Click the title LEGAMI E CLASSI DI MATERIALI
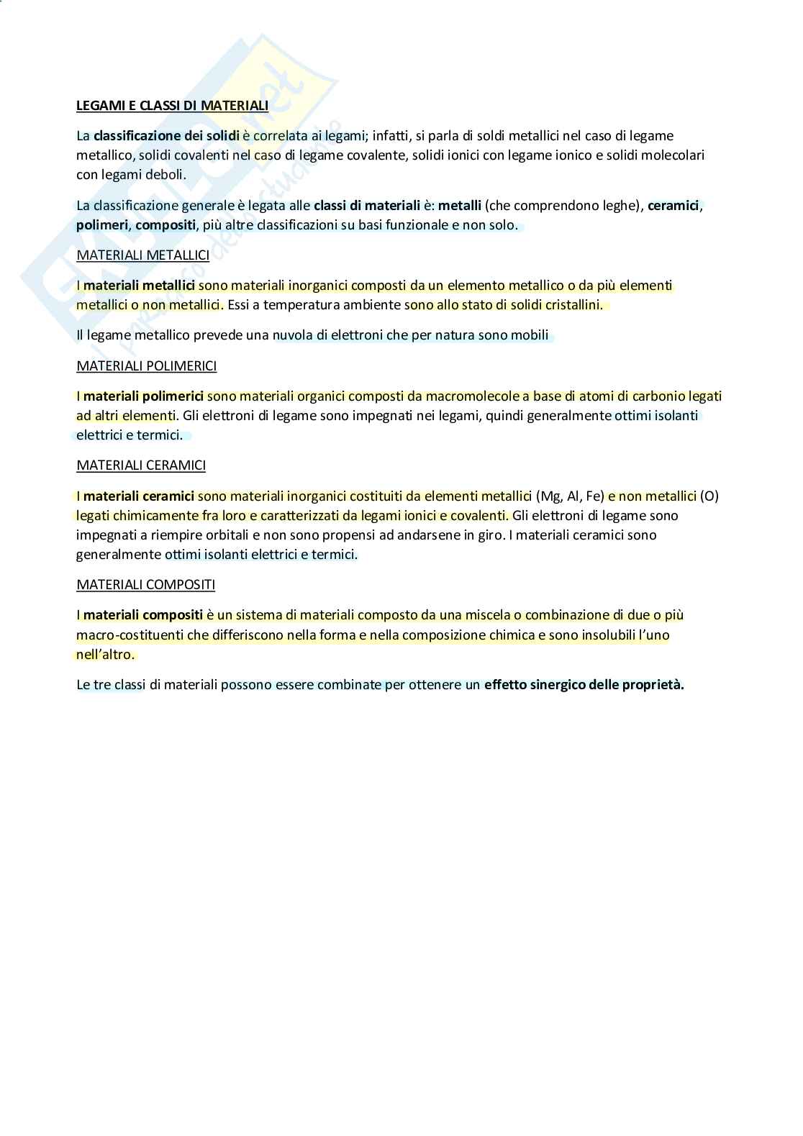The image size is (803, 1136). tap(172, 106)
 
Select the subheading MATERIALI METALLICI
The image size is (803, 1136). tap(142, 255)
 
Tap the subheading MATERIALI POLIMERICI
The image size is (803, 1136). tap(146, 366)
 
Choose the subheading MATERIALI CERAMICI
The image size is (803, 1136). tap(141, 465)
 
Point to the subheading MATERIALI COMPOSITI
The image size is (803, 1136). tap(145, 585)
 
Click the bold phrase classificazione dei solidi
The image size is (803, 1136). tap(166, 135)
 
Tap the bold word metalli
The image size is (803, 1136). tap(460, 206)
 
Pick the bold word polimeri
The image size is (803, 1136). tap(102, 225)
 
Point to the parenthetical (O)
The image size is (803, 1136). tap(709, 496)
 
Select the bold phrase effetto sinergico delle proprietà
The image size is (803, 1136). tap(584, 685)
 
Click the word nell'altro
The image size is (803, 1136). tap(105, 655)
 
